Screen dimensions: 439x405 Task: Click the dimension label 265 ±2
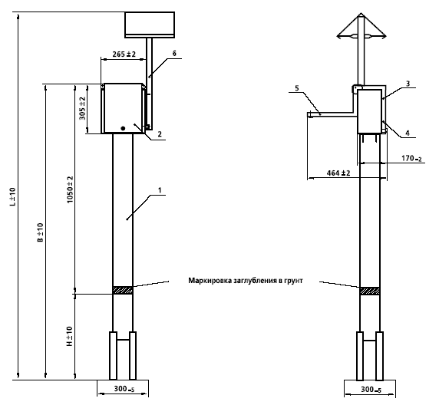[124, 54]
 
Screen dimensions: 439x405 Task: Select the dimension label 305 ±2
[83, 108]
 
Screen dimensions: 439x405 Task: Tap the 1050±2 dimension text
[70, 189]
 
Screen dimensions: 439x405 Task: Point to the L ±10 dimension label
[13, 197]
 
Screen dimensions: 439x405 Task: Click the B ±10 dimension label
[41, 232]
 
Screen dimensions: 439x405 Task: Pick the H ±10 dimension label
[69, 336]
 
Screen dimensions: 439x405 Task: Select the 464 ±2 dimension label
[338, 173]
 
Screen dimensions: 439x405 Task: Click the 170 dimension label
[411, 159]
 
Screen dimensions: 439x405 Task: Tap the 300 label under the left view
[124, 389]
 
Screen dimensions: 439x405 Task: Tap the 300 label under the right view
[371, 390]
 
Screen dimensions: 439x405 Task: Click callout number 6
[174, 54]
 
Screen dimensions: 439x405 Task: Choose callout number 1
[160, 190]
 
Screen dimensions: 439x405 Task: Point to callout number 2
[160, 134]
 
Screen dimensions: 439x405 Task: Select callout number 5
[297, 88]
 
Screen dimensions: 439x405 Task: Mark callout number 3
[408, 84]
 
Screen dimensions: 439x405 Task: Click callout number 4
[408, 133]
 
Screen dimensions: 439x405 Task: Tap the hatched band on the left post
[123, 290]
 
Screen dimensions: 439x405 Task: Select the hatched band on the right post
[370, 291]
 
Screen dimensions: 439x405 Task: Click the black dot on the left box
[123, 128]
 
